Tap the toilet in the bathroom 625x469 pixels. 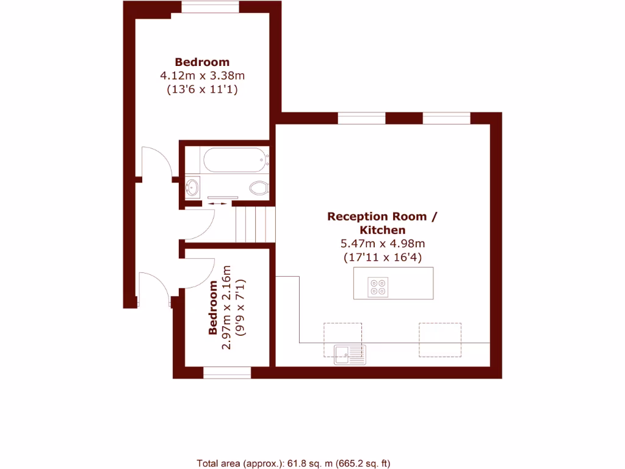coord(259,187)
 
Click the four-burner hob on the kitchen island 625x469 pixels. coord(378,287)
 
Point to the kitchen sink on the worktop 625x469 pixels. coord(350,354)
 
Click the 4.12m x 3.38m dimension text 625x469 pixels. coord(202,76)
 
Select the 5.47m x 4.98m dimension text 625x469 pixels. coord(382,244)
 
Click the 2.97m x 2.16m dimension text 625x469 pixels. coord(226,307)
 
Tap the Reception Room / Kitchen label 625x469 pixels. coord(382,223)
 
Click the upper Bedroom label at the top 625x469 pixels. coord(202,62)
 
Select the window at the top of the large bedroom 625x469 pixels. coord(210,7)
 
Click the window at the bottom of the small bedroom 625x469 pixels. coord(227,373)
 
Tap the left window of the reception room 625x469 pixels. coord(361,118)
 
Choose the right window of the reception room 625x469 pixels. coord(446,118)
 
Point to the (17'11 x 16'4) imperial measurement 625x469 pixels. coord(382,257)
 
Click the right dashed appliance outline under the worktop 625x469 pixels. coord(439,340)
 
